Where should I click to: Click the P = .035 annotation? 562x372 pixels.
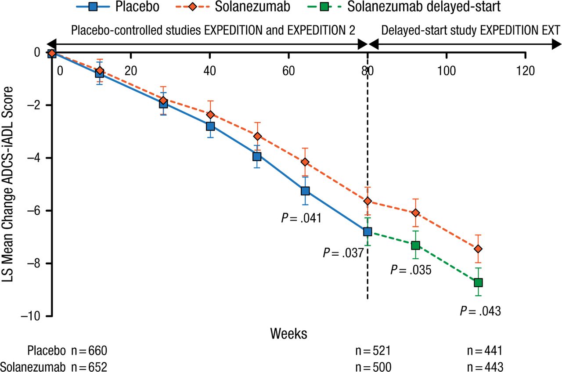point(411,270)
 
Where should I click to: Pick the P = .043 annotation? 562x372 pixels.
point(480,311)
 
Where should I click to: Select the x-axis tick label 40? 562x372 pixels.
point(209,70)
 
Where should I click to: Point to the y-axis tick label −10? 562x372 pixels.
point(34,316)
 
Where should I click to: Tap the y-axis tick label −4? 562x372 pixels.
point(38,158)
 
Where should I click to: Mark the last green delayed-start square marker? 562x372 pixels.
point(478,282)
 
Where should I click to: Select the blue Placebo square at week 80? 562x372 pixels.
point(367,231)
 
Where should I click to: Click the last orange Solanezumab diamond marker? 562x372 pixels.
point(478,249)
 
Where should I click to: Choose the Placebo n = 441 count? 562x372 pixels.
point(485,350)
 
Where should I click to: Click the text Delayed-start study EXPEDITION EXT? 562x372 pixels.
point(470,30)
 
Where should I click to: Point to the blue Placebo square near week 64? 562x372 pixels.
point(305,191)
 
